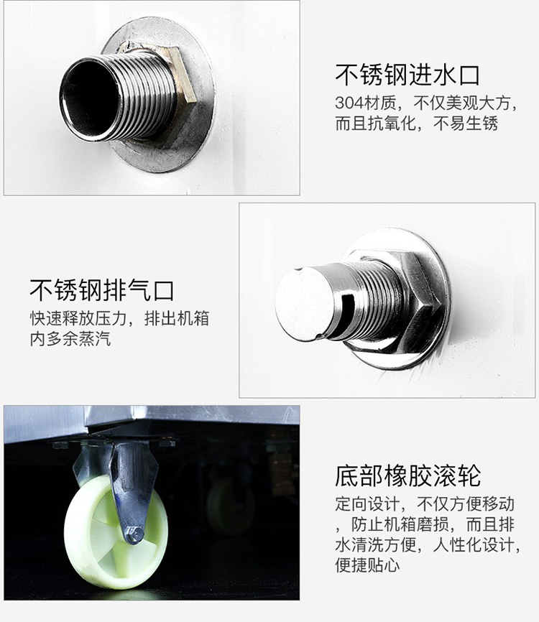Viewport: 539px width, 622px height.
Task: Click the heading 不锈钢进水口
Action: [407, 75]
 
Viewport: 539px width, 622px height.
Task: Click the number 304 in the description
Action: [349, 103]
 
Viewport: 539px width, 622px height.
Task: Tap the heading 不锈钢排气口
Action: [102, 290]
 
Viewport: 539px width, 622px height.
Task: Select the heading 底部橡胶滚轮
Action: [407, 475]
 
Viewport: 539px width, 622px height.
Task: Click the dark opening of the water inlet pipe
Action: [88, 97]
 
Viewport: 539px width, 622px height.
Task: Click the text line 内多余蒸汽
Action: [70, 339]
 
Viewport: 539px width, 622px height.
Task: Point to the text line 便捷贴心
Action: [367, 565]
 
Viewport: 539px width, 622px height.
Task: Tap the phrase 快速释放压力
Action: [78, 318]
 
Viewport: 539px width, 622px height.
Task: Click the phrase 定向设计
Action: [367, 503]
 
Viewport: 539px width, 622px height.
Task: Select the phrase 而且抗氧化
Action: [375, 124]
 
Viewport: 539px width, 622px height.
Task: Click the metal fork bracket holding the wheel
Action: [119, 488]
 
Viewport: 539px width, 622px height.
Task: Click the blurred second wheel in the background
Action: [229, 507]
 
